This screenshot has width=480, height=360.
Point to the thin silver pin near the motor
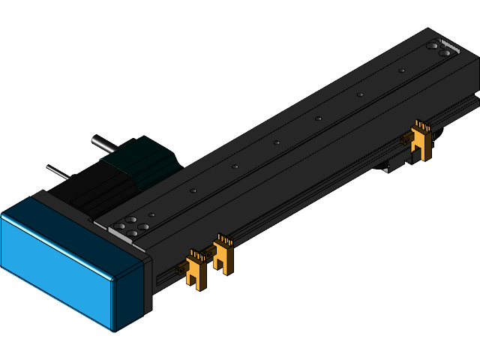57,172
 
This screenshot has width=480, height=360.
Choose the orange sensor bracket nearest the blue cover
196,270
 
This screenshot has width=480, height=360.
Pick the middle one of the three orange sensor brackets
223,255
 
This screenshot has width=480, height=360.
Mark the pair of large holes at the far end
439,49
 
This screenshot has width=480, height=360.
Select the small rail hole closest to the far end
402,70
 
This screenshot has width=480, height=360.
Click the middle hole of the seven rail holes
277,142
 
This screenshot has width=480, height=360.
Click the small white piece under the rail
385,169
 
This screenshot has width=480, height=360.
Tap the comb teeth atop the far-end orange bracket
421,125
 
